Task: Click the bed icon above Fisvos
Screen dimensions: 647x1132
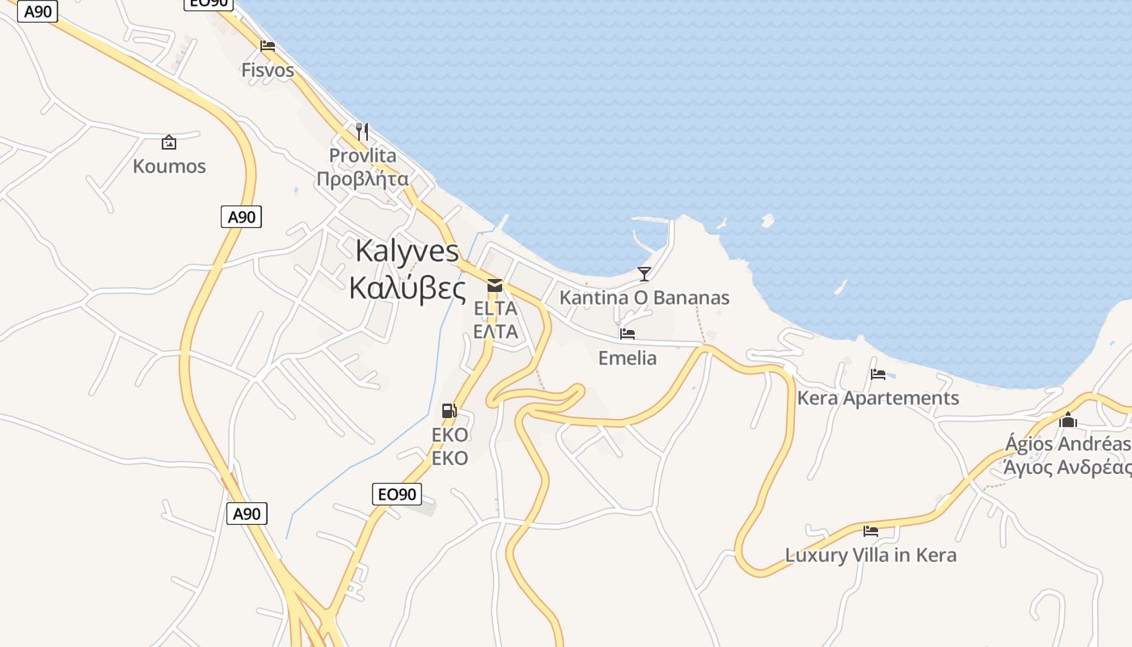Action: coord(268,46)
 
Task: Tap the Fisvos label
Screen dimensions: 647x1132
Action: coord(268,70)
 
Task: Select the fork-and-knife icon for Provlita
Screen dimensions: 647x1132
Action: coord(362,131)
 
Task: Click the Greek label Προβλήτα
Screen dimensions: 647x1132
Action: coord(362,179)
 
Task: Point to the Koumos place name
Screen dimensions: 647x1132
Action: coord(169,167)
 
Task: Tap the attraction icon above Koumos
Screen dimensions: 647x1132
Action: coord(169,142)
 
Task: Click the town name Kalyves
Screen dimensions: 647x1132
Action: coord(407,251)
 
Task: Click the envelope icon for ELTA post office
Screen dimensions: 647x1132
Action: coord(495,285)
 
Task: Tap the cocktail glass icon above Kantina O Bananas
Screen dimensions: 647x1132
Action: coord(644,273)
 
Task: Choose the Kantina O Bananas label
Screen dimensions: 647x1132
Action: coord(644,298)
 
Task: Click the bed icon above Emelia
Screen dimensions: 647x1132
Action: coord(627,333)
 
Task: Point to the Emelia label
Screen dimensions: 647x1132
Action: coord(627,357)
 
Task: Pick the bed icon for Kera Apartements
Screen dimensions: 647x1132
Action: coord(878,374)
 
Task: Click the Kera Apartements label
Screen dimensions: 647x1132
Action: coord(878,398)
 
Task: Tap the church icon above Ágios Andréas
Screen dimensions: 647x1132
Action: coord(1068,420)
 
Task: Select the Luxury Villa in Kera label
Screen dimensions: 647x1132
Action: coord(871,556)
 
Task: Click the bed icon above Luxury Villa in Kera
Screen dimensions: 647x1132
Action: coord(871,531)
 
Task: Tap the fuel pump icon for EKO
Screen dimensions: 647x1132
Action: coord(450,411)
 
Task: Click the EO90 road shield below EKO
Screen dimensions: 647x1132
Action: coord(397,494)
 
